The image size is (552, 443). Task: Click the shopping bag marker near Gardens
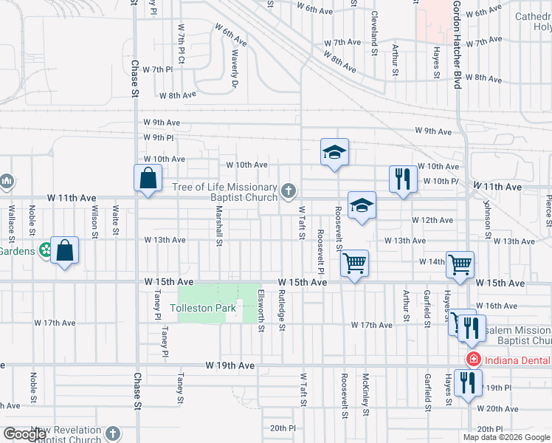click(65, 251)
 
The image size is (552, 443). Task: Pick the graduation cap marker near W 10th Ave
click(334, 153)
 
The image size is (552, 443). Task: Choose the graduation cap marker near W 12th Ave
click(362, 206)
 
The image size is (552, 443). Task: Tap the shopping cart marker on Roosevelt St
click(355, 262)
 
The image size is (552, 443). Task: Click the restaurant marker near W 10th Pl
click(402, 179)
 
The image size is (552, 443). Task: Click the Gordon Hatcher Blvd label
click(458, 44)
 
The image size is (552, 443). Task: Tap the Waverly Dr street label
click(235, 70)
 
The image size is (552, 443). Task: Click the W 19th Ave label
click(230, 365)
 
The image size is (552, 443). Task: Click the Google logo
click(24, 434)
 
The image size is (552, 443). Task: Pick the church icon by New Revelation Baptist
click(112, 433)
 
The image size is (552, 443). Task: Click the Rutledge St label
click(281, 310)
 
